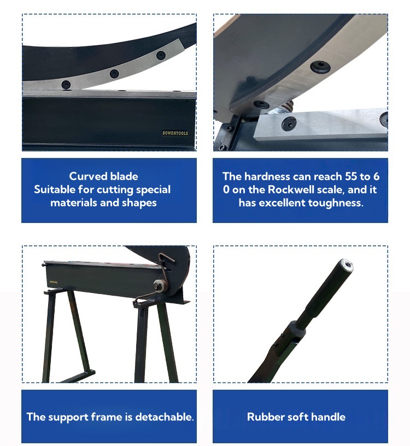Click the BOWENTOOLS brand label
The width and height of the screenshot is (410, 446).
click(175, 133)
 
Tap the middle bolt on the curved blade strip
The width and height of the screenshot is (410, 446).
click(114, 73)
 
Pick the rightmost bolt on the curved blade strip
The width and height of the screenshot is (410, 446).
click(161, 55)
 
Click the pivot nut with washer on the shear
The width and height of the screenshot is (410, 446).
click(160, 285)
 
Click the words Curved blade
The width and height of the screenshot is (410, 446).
click(103, 176)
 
